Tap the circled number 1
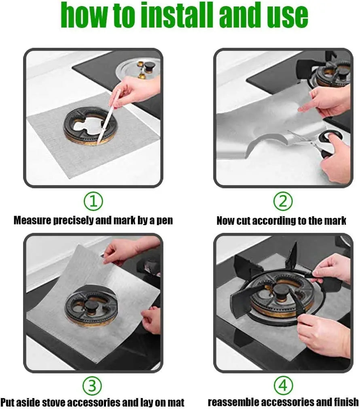93,201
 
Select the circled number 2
283,201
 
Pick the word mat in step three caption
176,403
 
